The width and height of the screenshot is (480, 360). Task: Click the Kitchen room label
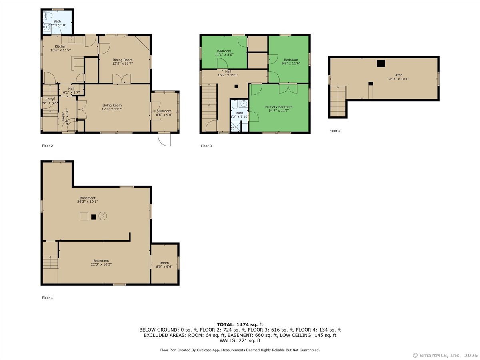(x=58, y=46)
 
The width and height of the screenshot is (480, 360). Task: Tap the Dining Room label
(x=122, y=60)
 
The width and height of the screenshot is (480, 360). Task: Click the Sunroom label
(x=164, y=111)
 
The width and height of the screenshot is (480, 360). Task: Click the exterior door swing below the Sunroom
(x=164, y=139)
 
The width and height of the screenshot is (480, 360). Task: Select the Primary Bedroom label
(x=278, y=107)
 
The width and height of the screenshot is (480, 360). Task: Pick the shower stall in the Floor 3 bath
(x=236, y=127)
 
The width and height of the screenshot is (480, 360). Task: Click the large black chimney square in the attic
(x=381, y=63)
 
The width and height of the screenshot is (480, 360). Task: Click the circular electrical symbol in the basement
(x=103, y=216)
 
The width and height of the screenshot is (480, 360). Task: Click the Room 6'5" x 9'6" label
(x=164, y=265)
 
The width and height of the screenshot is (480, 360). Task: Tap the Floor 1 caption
(x=47, y=298)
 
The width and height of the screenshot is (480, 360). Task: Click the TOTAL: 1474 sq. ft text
(x=240, y=324)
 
